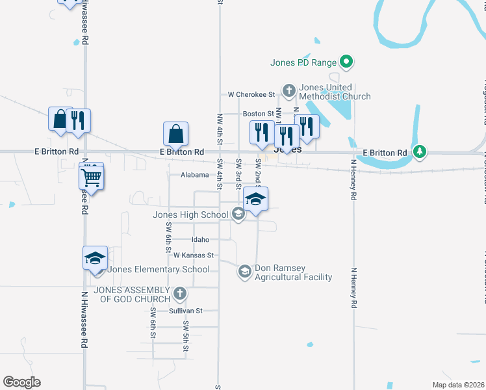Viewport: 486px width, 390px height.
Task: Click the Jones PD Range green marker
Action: [x=347, y=62]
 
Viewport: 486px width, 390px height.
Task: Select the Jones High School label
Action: [x=190, y=215]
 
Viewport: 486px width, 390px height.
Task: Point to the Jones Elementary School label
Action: [x=159, y=270]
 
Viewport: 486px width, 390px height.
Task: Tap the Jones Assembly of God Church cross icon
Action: [x=180, y=293]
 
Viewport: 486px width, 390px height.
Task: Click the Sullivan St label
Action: [x=186, y=311]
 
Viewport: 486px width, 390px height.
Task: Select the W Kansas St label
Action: [x=194, y=255]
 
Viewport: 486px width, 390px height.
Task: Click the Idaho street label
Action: [x=199, y=240]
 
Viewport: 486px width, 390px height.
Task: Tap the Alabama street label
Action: [x=195, y=175]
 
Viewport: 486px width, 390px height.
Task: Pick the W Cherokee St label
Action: [x=252, y=94]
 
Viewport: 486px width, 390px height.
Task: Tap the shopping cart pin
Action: [x=92, y=176]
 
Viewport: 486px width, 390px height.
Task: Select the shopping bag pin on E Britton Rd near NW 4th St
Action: [x=175, y=134]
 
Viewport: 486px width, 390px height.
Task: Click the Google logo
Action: [x=21, y=382]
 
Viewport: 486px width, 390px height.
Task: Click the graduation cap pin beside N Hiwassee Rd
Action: [x=95, y=258]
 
